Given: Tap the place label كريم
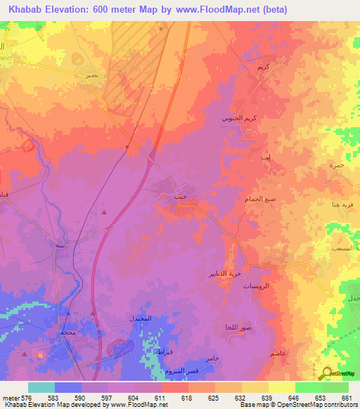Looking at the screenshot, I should [x=263, y=67].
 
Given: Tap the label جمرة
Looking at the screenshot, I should [x=335, y=164].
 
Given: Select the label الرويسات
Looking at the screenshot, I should [x=256, y=288].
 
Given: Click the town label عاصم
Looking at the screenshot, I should [x=277, y=356].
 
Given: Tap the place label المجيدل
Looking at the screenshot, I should [x=141, y=318].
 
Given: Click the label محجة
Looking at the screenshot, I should [x=67, y=331].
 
